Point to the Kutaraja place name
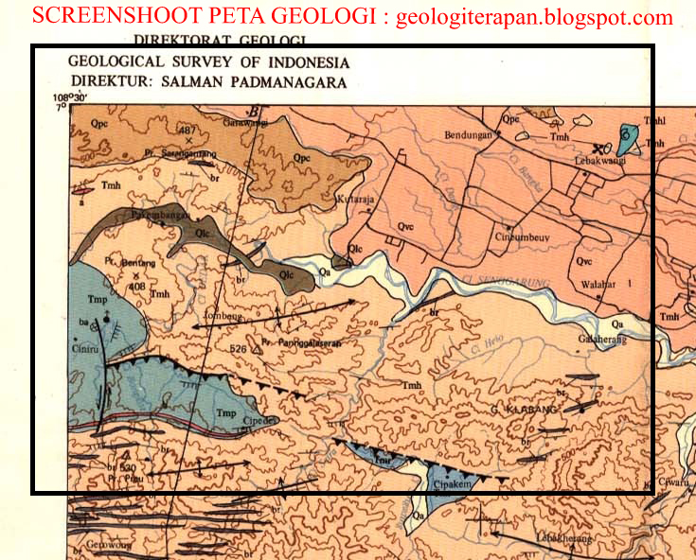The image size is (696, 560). [357, 201]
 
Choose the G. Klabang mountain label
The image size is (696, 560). [525, 410]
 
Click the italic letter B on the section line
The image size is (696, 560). [255, 111]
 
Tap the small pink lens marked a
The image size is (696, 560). [82, 188]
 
